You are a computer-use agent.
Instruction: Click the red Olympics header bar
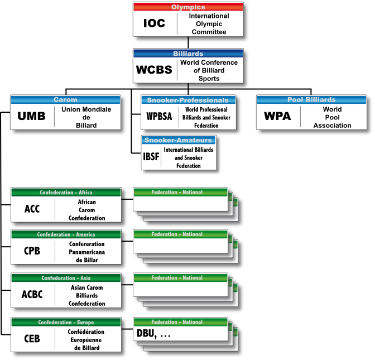[188, 7]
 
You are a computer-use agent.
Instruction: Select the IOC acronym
[155, 24]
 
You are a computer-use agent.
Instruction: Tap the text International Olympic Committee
[209, 24]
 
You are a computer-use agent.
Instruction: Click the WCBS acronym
[154, 70]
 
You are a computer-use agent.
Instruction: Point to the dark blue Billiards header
[188, 54]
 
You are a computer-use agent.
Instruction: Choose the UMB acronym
[32, 117]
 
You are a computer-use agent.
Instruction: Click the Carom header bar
[65, 100]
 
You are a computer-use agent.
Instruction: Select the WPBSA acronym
[158, 117]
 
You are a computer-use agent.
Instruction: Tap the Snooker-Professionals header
[187, 100]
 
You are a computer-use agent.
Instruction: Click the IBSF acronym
[151, 157]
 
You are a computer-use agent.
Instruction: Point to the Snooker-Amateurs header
[178, 141]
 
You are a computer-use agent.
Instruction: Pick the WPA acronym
[277, 117]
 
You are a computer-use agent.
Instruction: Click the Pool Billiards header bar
[311, 100]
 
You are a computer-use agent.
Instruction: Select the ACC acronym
[32, 209]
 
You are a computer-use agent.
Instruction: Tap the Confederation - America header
[66, 235]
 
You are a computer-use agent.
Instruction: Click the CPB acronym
[32, 251]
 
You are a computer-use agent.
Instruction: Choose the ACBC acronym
[32, 295]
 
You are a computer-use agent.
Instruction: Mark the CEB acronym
[32, 339]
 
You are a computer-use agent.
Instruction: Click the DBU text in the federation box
[147, 334]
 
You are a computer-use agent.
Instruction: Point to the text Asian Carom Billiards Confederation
[88, 295]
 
